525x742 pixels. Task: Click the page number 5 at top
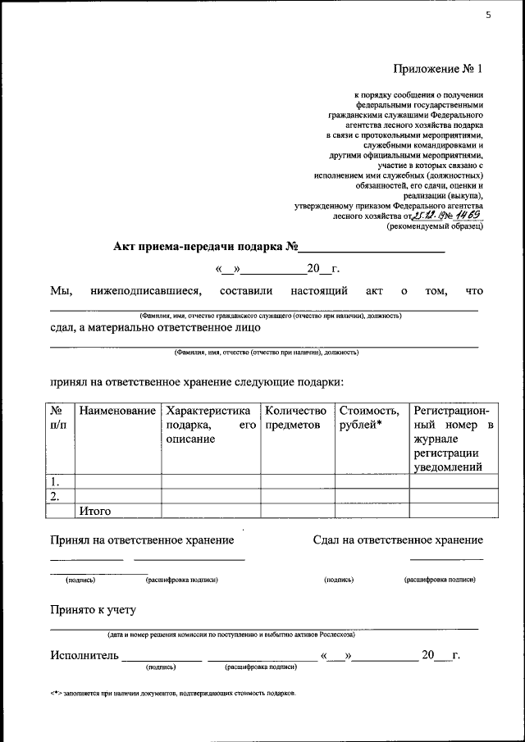[x=488, y=14]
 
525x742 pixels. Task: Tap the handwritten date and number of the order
[x=448, y=216]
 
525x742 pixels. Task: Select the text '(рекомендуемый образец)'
[x=436, y=227]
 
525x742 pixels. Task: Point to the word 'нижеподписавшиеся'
[x=146, y=290]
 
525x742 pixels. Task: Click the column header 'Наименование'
[x=116, y=410]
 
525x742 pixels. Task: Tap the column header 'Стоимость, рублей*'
[x=370, y=417]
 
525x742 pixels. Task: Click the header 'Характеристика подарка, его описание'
[x=210, y=424]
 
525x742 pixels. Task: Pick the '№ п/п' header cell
[x=58, y=417]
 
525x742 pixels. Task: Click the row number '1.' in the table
[x=55, y=482]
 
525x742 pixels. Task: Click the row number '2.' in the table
[x=55, y=496]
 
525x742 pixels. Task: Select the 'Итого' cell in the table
[x=94, y=511]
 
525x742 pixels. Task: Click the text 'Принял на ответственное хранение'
[x=142, y=539]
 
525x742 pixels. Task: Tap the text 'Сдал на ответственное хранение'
[x=398, y=539]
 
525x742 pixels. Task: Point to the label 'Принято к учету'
[x=93, y=610]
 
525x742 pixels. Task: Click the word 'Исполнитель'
[x=84, y=655]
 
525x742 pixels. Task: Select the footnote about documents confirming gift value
[x=172, y=694]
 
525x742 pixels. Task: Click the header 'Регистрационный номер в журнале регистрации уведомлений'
[x=454, y=438]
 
